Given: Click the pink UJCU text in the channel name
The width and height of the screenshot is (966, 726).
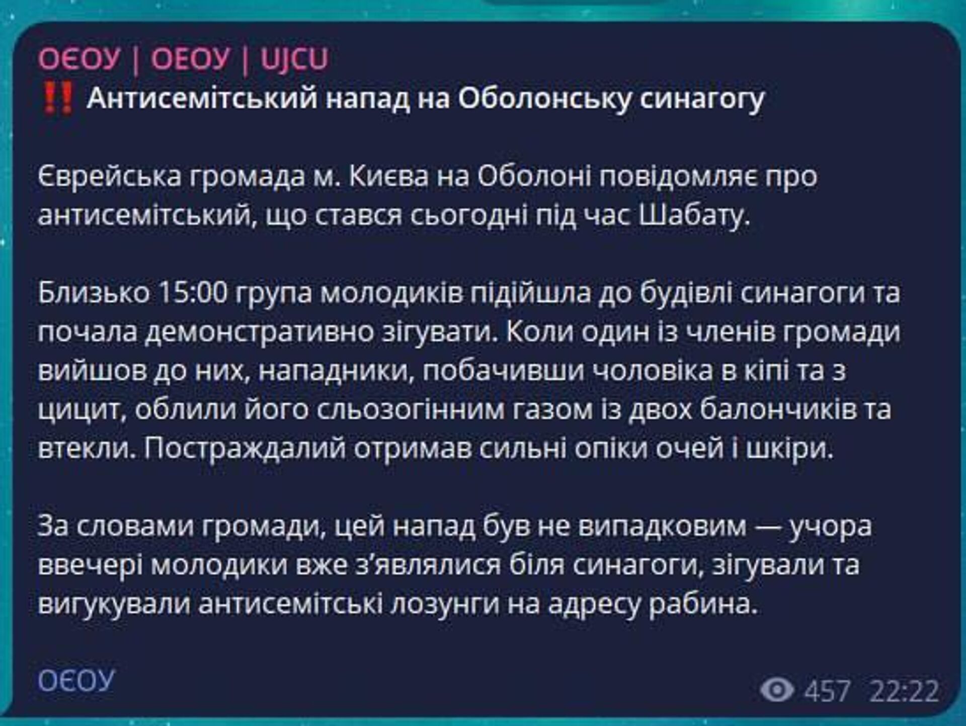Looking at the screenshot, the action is (294, 58).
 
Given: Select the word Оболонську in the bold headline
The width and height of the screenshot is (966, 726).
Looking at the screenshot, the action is (544, 99).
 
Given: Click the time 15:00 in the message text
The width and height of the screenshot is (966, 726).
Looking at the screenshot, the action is (193, 293).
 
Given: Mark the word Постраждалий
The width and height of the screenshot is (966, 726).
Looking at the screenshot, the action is (245, 449).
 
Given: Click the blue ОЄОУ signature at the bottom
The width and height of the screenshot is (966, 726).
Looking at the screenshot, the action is (76, 681).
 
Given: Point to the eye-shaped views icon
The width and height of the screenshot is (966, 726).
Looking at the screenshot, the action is (777, 689).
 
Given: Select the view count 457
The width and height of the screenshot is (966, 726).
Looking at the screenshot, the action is (827, 690).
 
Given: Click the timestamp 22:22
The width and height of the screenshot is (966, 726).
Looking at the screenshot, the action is (904, 690).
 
